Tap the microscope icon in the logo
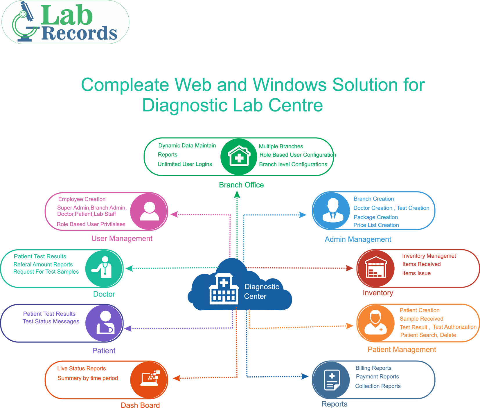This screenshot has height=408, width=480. (25, 22)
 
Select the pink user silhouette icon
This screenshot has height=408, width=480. (149, 211)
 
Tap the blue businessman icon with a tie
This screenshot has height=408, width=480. (333, 210)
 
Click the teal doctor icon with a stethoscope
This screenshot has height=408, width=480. (104, 267)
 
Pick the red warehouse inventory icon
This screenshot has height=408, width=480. (376, 267)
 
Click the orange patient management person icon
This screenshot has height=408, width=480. (375, 322)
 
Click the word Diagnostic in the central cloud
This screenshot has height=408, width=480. (262, 287)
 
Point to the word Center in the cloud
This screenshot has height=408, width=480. (255, 296)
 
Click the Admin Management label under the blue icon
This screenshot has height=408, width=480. (358, 239)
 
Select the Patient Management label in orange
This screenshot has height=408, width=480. (402, 350)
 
